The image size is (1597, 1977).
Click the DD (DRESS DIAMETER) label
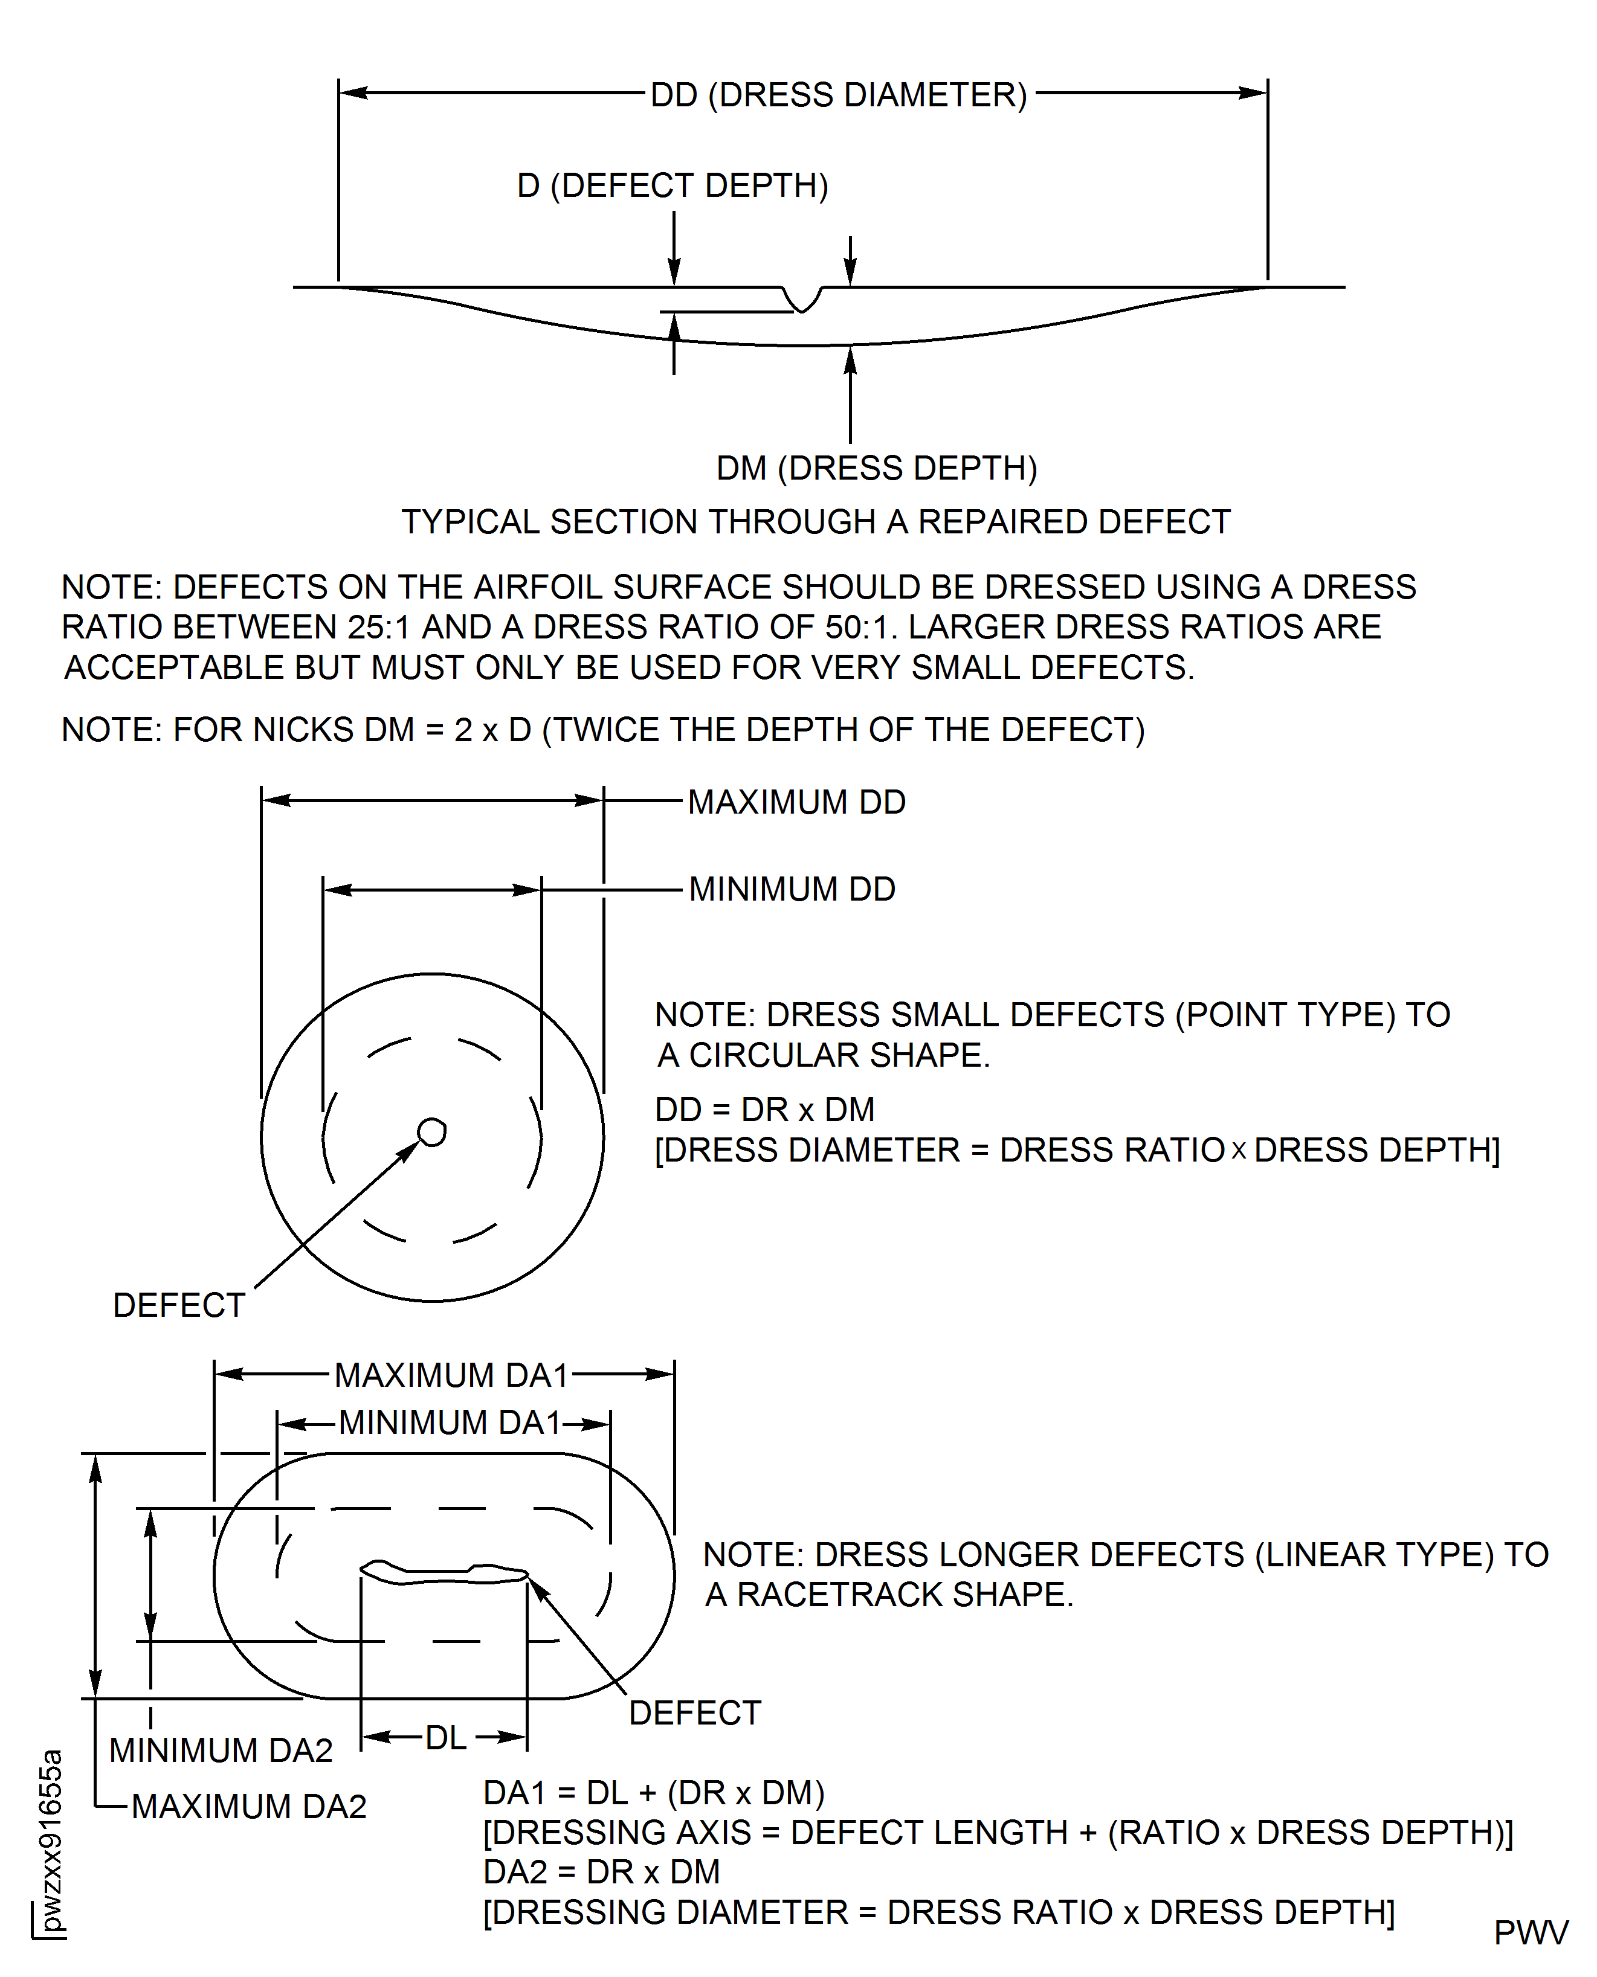click(x=838, y=95)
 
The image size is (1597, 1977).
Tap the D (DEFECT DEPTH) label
click(x=673, y=186)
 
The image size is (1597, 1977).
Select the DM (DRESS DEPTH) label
click(x=877, y=468)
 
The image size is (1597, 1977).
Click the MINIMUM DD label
click(x=792, y=889)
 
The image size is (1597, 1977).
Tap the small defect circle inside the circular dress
click(x=431, y=1132)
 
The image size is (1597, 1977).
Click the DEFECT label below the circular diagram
click(x=178, y=1305)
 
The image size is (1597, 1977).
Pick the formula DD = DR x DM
click(x=764, y=1110)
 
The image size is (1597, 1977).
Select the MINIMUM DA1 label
click(x=449, y=1422)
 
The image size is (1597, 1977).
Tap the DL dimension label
click(x=445, y=1738)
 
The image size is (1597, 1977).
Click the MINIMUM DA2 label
click(x=221, y=1750)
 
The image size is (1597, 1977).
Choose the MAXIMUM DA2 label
click(x=248, y=1806)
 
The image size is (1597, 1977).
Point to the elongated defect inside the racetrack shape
click(x=444, y=1574)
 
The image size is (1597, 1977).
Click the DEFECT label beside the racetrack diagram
click(x=694, y=1713)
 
